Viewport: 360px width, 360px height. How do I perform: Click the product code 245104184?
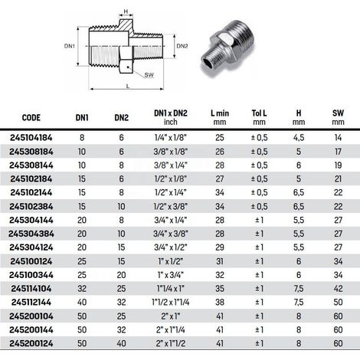click(x=31, y=138)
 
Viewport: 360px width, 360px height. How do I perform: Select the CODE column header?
click(x=31, y=118)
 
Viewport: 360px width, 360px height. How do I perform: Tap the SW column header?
click(x=338, y=117)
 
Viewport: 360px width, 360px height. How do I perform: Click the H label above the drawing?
click(x=126, y=11)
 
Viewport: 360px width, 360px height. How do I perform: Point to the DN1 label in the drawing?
click(x=70, y=46)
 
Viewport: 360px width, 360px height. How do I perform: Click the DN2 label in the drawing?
click(x=182, y=46)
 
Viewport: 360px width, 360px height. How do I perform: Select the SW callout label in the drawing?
click(x=149, y=75)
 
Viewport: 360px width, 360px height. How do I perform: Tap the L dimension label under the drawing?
click(x=128, y=86)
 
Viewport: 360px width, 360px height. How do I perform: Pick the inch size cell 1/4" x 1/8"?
click(x=171, y=138)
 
